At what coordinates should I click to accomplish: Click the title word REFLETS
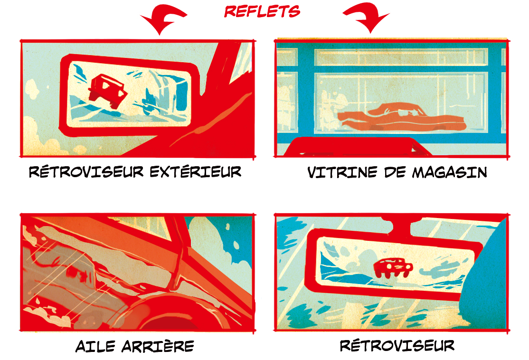(262, 11)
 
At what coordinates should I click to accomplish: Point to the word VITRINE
(342, 172)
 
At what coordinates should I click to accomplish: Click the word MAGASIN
(449, 172)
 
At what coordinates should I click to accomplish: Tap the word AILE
(95, 346)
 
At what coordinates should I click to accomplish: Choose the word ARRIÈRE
(158, 346)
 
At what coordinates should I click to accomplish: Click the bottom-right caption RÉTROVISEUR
(397, 345)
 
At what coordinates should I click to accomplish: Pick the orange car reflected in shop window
(401, 117)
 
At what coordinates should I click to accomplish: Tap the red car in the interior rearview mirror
(393, 267)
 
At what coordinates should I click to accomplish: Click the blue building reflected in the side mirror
(181, 95)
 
